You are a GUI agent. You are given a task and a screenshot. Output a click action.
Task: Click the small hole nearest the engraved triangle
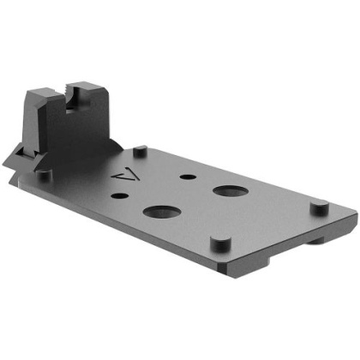[127, 196]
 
